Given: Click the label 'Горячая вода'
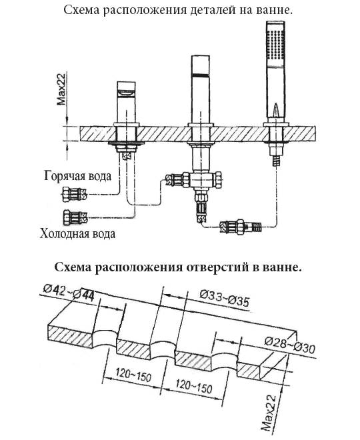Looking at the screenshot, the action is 78,175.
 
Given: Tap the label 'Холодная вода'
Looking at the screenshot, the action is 77,233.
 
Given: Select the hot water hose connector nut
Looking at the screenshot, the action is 74,194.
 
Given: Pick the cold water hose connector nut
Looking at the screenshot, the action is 75,217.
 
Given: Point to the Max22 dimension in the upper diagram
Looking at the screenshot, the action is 61,89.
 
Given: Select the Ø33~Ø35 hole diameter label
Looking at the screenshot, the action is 224,298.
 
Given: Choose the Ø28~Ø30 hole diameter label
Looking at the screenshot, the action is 290,345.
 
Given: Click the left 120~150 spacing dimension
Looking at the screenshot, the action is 133,375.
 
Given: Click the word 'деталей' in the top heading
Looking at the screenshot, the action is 210,10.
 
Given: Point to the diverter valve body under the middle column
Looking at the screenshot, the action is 201,180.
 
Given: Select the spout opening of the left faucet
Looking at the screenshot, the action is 126,93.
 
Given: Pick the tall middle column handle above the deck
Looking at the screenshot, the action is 201,90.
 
